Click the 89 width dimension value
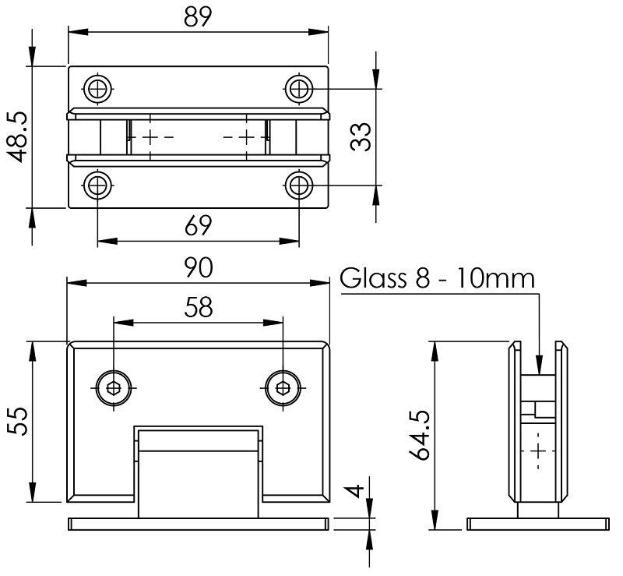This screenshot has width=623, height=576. (x=199, y=18)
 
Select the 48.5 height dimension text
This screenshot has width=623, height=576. (x=17, y=137)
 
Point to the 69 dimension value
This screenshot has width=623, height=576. (x=199, y=226)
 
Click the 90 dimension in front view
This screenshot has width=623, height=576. (x=199, y=269)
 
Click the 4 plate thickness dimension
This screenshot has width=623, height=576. (x=354, y=493)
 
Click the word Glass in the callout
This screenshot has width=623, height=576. (x=372, y=278)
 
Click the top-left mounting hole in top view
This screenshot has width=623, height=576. (x=97, y=89)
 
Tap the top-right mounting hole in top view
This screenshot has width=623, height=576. (x=299, y=89)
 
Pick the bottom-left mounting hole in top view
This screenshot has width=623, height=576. (x=97, y=186)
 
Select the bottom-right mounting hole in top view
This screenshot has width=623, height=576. (x=299, y=186)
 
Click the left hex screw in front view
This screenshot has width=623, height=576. (x=114, y=387)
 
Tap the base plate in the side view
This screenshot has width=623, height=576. (x=537, y=524)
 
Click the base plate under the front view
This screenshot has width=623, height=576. (x=199, y=524)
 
